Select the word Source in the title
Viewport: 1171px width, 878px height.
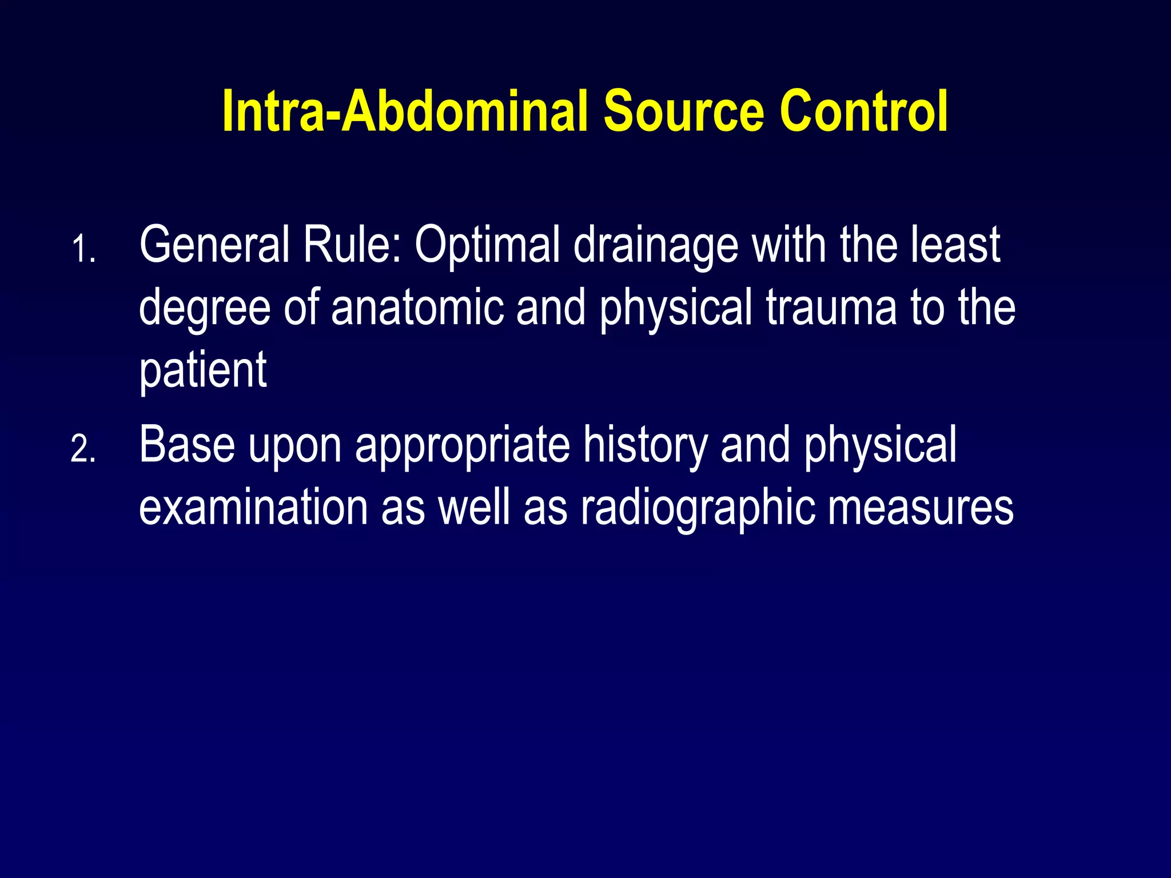click(684, 111)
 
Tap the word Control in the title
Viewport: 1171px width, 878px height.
click(863, 111)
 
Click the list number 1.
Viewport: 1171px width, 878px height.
click(83, 250)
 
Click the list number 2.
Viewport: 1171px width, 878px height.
click(83, 450)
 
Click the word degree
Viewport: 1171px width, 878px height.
click(205, 309)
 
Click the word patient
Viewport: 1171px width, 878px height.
click(203, 372)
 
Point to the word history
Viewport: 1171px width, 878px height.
click(645, 446)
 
